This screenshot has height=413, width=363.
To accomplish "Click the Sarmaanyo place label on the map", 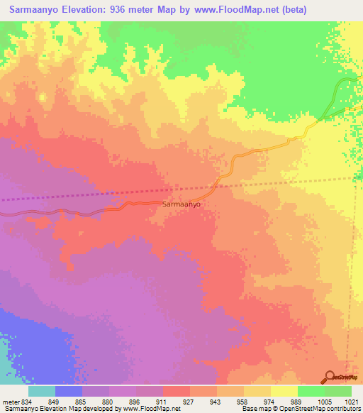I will click(x=181, y=204).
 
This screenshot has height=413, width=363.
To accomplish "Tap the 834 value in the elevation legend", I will click(x=24, y=401).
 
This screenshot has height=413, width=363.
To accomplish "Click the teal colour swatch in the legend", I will click(x=42, y=391).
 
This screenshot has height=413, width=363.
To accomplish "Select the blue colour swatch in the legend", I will click(x=69, y=391).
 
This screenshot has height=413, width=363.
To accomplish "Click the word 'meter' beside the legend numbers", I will click(x=9, y=401).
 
